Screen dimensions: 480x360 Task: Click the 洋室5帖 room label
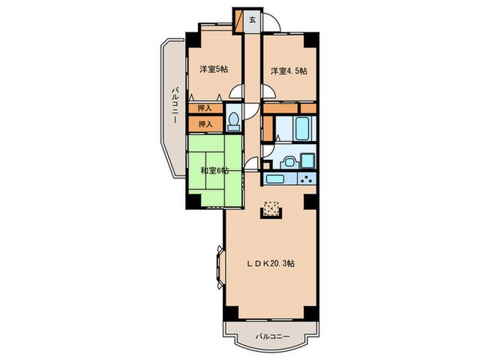pos(214,69)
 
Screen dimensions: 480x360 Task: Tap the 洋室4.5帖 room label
pos(289,71)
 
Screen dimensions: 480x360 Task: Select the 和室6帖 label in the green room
pos(215,171)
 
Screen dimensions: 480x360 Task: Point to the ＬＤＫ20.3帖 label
pos(272,263)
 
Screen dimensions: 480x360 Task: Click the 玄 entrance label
pos(252,20)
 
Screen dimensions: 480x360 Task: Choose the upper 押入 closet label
pos(205,108)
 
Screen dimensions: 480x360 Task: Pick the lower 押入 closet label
pos(206,124)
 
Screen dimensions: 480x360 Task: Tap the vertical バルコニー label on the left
pos(175,105)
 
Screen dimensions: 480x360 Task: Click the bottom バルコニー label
pos(272,337)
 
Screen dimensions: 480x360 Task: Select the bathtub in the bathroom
pos(302,128)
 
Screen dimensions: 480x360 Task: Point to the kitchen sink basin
pos(276,179)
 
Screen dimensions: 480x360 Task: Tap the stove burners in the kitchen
pos(307,178)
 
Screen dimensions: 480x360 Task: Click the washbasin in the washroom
pos(289,162)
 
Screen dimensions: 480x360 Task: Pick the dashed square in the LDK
pos(272,208)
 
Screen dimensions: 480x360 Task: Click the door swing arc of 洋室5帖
pos(237,91)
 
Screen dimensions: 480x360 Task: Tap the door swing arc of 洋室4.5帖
pos(268,91)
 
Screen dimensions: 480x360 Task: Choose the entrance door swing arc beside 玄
pos(272,23)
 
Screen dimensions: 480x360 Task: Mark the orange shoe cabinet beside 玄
pos(239,21)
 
